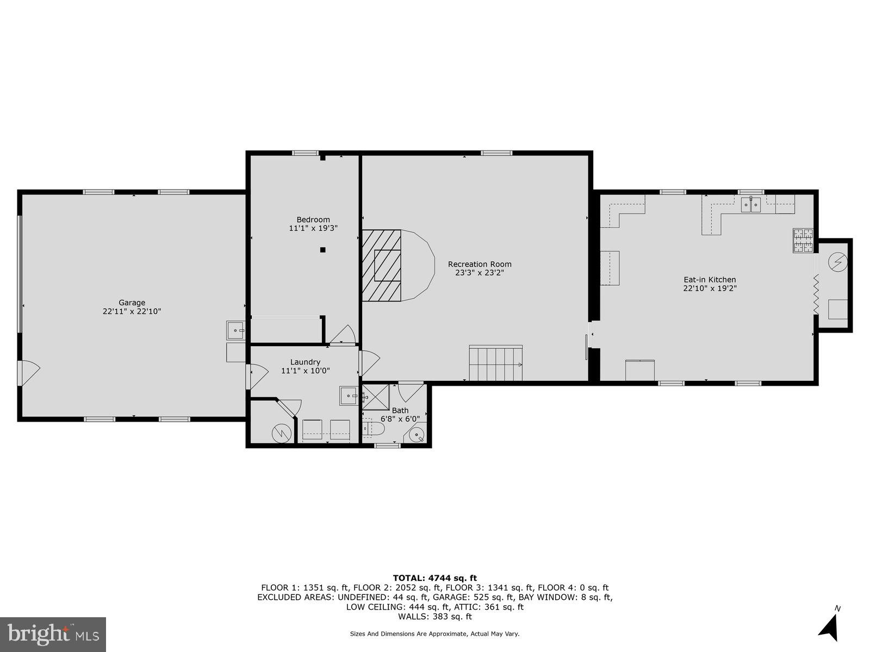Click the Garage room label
click(132, 303)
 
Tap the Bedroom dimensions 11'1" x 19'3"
click(313, 229)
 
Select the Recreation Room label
click(480, 264)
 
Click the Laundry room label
click(305, 362)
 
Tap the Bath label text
click(400, 411)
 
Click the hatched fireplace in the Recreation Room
click(382, 265)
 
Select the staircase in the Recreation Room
click(495, 363)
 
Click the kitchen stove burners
click(803, 241)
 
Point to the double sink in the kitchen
click(751, 205)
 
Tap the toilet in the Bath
click(374, 429)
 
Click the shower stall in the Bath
click(376, 397)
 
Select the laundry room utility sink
click(349, 396)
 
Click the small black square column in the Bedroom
click(322, 250)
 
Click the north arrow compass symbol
click(829, 628)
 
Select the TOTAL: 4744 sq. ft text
click(434, 578)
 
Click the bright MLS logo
click(53, 634)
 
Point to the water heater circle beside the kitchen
click(838, 263)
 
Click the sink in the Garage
click(235, 330)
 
